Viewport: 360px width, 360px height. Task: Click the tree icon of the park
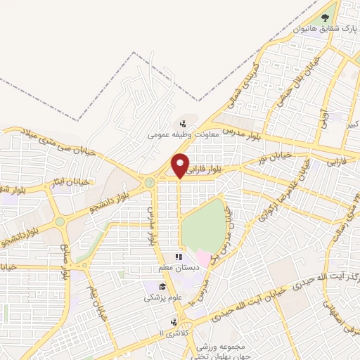pos(325,17)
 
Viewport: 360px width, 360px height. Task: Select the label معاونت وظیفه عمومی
pos(184,131)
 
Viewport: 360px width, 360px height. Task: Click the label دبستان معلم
pos(179,268)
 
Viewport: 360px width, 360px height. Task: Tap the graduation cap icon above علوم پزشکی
pos(162,287)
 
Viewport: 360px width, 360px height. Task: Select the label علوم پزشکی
pos(161,297)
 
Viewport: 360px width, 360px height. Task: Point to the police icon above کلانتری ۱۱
pos(173,321)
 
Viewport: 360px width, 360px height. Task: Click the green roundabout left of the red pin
pos(149,183)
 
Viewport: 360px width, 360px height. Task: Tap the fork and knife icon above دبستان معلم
pos(179,257)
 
